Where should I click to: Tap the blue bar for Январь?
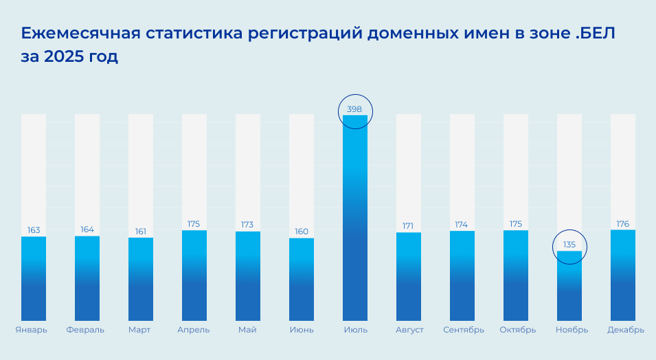(x=34, y=278)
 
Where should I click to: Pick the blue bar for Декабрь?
(x=623, y=275)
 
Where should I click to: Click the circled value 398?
(x=355, y=109)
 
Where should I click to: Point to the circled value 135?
(x=569, y=245)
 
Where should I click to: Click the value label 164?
(x=87, y=229)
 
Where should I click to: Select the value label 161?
(x=141, y=232)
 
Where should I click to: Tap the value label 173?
(x=248, y=225)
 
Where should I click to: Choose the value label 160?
(x=302, y=232)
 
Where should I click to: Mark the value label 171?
(x=409, y=226)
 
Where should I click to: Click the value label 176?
(x=623, y=223)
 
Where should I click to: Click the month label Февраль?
(x=86, y=330)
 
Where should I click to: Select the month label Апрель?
(x=194, y=330)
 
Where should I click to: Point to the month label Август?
(x=409, y=330)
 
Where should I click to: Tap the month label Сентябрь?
(x=462, y=330)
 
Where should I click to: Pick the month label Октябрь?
(x=517, y=330)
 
